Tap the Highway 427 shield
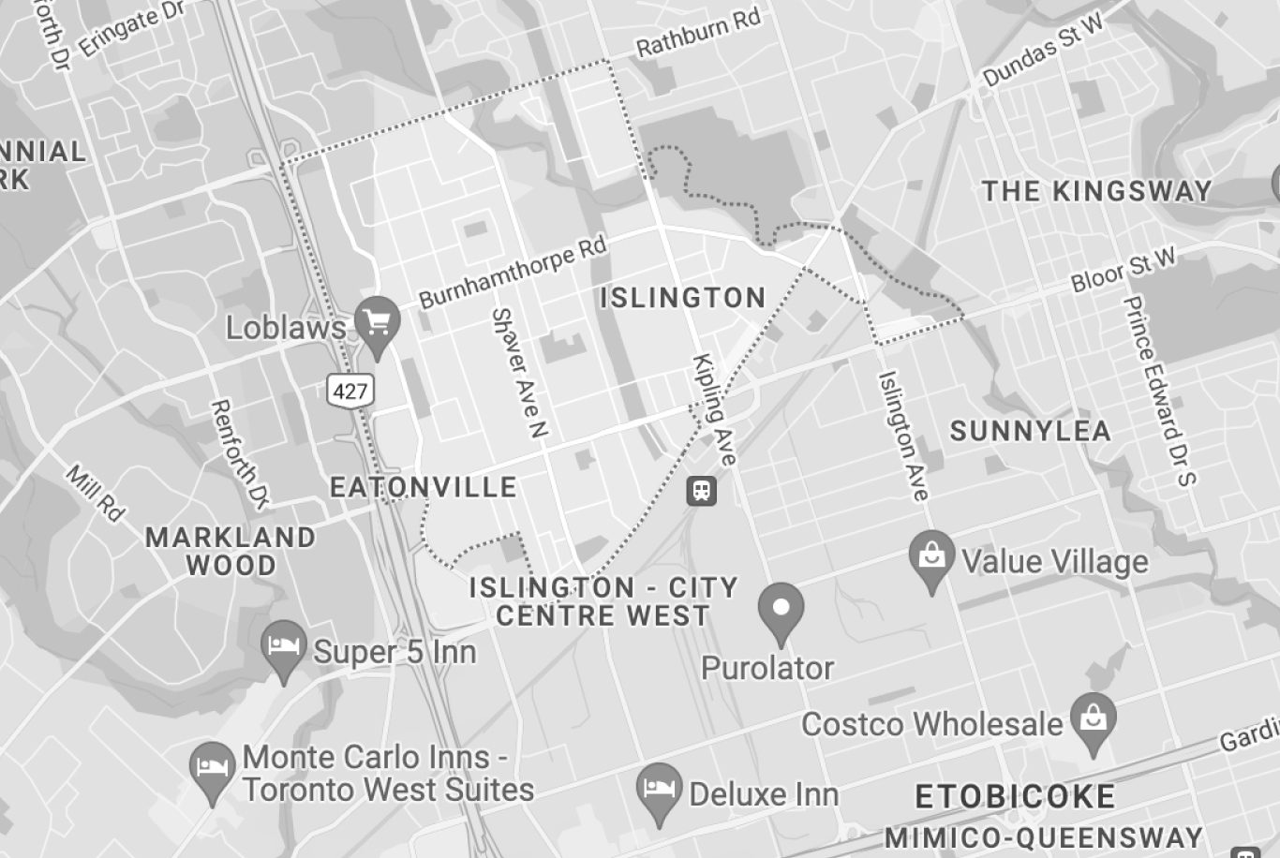(350, 390)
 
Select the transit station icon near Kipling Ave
(701, 490)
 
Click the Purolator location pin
(781, 609)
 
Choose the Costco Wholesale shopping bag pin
(1093, 719)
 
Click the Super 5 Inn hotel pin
(285, 645)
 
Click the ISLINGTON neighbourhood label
(682, 298)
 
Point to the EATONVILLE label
(424, 487)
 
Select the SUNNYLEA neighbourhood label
(1030, 431)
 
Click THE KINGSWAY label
(1096, 191)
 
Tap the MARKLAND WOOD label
(231, 551)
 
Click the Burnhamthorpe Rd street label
(513, 272)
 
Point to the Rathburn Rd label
(697, 35)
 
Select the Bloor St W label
(1123, 271)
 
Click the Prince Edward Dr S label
(1159, 391)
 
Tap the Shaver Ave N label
(519, 373)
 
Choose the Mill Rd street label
(96, 492)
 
